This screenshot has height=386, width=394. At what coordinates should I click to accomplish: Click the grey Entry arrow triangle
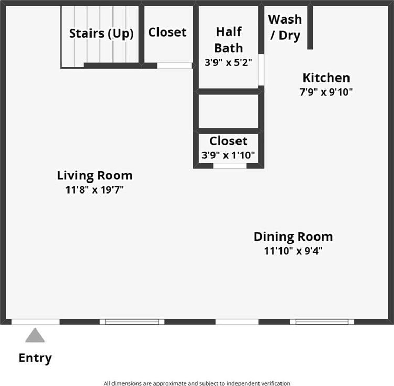(x=35, y=335)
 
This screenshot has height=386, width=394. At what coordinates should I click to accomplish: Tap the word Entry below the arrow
(x=35, y=358)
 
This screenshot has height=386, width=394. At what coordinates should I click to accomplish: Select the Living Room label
(x=95, y=175)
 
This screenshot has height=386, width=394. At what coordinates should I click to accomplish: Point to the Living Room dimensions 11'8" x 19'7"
(x=95, y=190)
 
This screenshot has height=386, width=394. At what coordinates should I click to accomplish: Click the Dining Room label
(x=293, y=236)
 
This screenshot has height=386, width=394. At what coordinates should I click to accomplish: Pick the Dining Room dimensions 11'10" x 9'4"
(x=293, y=251)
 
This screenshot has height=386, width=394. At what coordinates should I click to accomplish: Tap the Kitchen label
(x=326, y=77)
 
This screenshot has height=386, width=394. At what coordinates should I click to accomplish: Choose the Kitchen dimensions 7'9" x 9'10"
(x=326, y=92)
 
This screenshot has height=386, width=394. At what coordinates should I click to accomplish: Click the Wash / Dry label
(x=285, y=27)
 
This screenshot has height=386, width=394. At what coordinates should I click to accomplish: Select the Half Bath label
(x=229, y=40)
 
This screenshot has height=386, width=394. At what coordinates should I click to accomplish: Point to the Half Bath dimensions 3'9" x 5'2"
(x=228, y=62)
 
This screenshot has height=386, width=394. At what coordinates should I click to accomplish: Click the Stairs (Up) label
(x=102, y=33)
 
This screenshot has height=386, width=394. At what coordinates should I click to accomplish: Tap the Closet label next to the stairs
(x=167, y=32)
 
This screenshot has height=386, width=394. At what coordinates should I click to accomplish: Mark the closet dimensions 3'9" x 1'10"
(x=228, y=155)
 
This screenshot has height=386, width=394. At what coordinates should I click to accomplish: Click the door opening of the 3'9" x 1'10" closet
(x=230, y=166)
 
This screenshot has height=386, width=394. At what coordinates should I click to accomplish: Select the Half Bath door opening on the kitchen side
(x=261, y=70)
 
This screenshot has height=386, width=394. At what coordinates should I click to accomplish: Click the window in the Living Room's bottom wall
(x=132, y=322)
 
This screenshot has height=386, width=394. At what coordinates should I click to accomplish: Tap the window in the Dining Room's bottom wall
(x=322, y=322)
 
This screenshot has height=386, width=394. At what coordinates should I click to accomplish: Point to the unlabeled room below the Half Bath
(x=229, y=111)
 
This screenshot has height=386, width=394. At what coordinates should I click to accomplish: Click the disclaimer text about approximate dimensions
(x=197, y=383)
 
